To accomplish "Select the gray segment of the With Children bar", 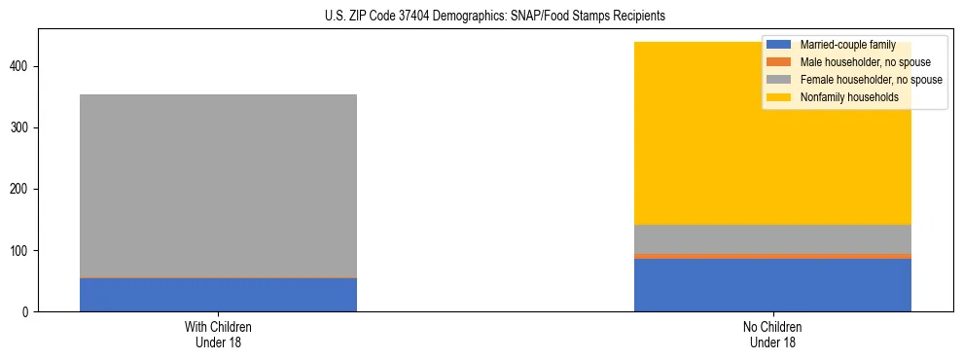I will pos(218,185).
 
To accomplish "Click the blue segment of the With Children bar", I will pos(218,295).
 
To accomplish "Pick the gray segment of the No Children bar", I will pos(772,239).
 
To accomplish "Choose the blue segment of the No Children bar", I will pos(772,285).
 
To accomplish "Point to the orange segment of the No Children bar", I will pos(772,256).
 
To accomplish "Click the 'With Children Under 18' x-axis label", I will pos(218,334).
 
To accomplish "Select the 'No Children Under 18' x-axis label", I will pos(772,334).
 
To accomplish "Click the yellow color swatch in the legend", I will pos(779,97).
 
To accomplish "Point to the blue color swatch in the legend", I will pos(779,45).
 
